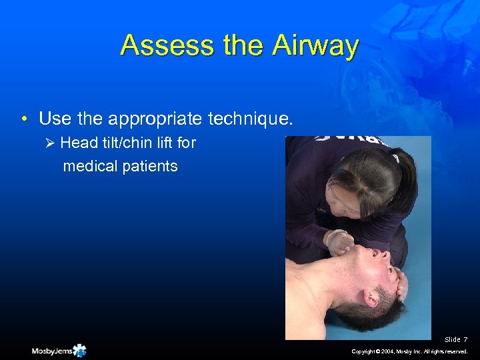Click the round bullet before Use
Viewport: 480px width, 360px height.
tap(24, 120)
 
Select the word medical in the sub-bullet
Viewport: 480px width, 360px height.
tap(89, 166)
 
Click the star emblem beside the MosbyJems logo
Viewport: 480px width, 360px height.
tap(79, 350)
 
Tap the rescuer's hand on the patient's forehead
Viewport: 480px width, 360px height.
tap(401, 285)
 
